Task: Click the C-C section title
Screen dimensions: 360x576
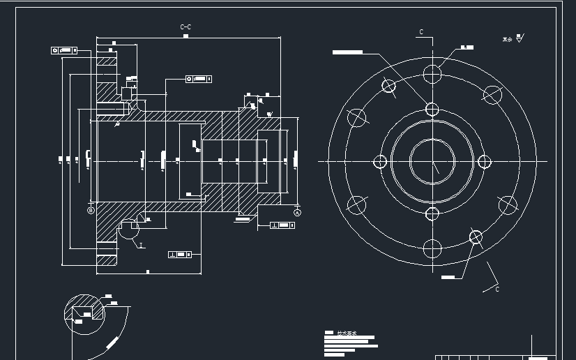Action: click(185, 27)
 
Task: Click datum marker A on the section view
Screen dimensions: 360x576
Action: click(298, 211)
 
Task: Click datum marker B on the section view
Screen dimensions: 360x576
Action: click(90, 210)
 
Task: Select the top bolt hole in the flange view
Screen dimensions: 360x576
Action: click(432, 73)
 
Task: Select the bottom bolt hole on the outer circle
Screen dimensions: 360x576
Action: click(432, 248)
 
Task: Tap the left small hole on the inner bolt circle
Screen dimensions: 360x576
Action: click(380, 162)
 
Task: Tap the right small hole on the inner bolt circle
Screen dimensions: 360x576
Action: click(484, 162)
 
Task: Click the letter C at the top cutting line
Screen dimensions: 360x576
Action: click(421, 32)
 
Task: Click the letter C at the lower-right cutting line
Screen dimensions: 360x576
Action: click(497, 289)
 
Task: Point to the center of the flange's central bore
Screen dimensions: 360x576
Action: click(432, 161)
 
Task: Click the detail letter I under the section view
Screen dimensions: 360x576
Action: click(141, 246)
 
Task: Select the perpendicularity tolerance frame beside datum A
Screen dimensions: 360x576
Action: click(283, 225)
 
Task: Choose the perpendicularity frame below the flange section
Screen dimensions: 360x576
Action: click(180, 255)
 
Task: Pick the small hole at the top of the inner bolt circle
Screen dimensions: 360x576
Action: click(432, 110)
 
